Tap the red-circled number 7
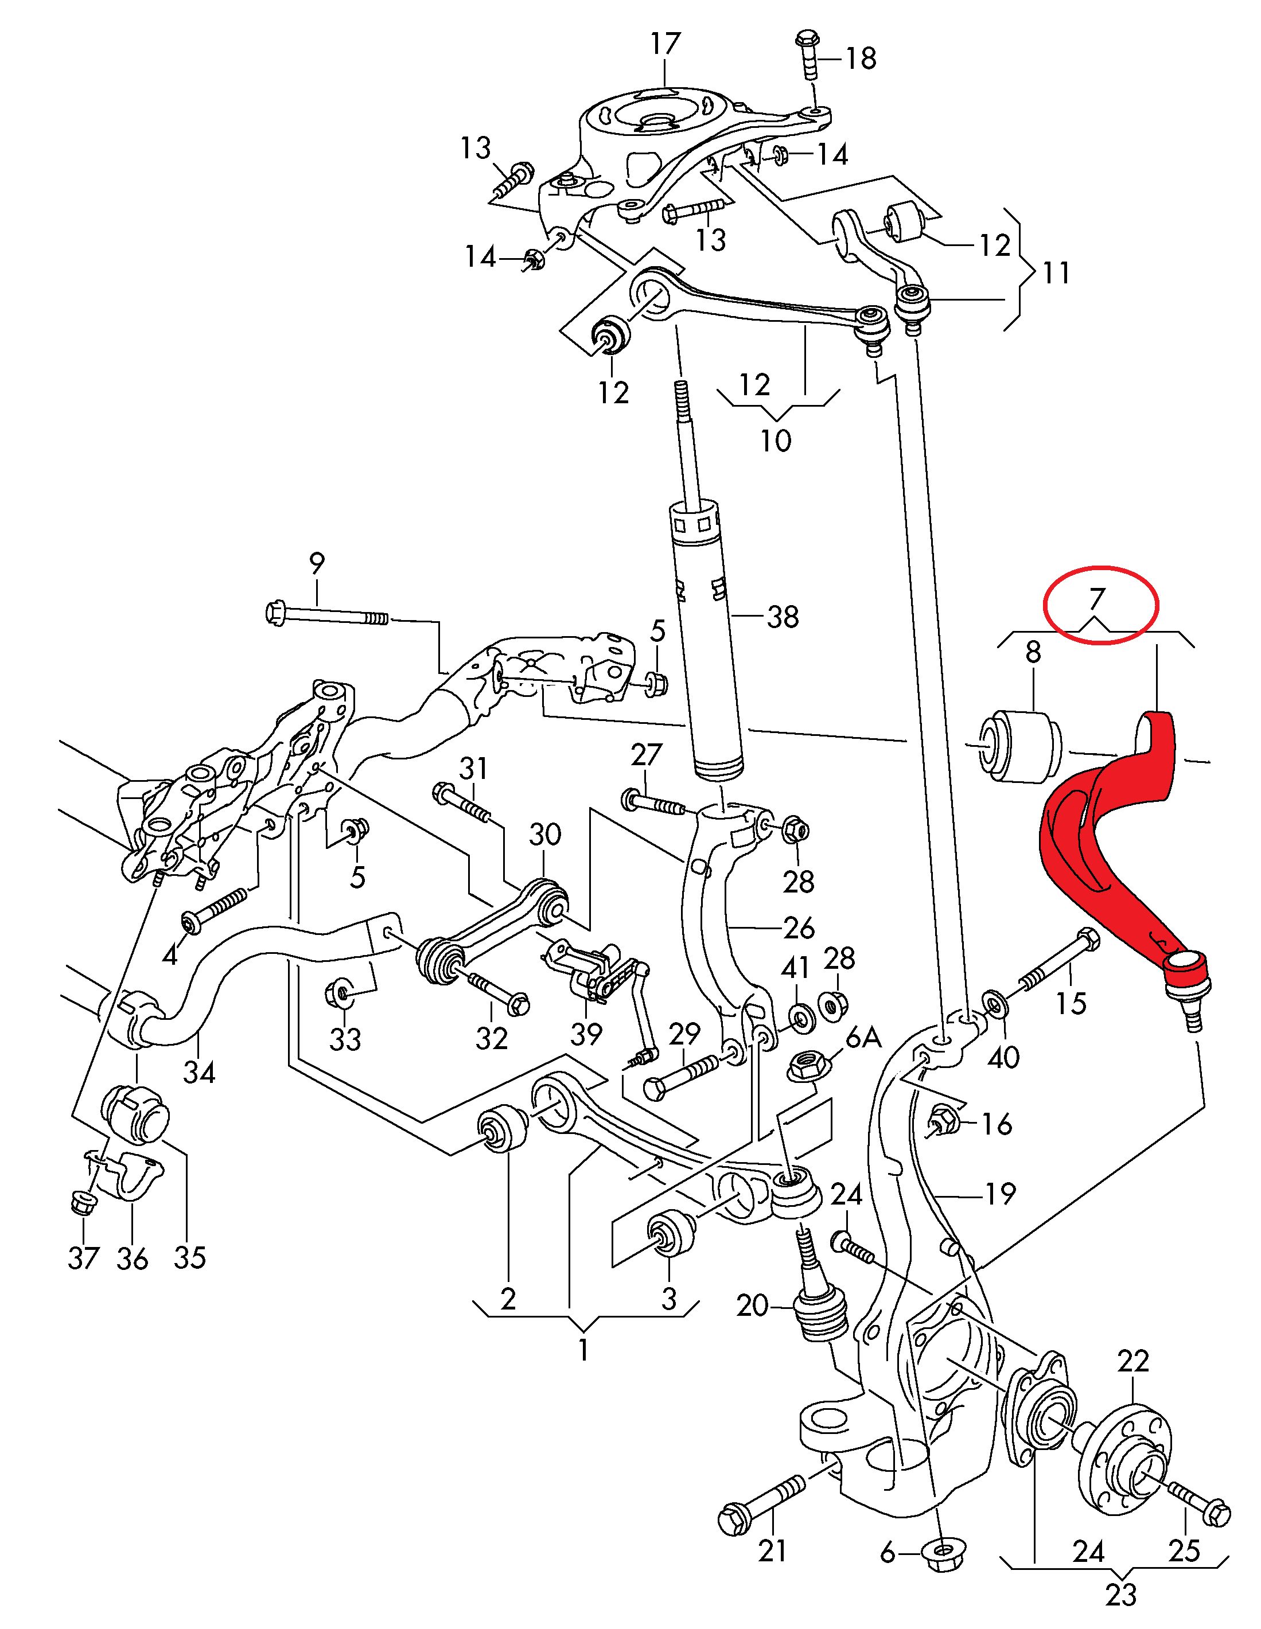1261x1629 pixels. click(1096, 599)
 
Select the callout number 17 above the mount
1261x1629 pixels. click(665, 44)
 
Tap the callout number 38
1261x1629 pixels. click(783, 617)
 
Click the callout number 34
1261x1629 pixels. click(199, 1072)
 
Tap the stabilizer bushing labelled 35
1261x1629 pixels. click(136, 1115)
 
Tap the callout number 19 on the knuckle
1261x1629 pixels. click(1001, 1194)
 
